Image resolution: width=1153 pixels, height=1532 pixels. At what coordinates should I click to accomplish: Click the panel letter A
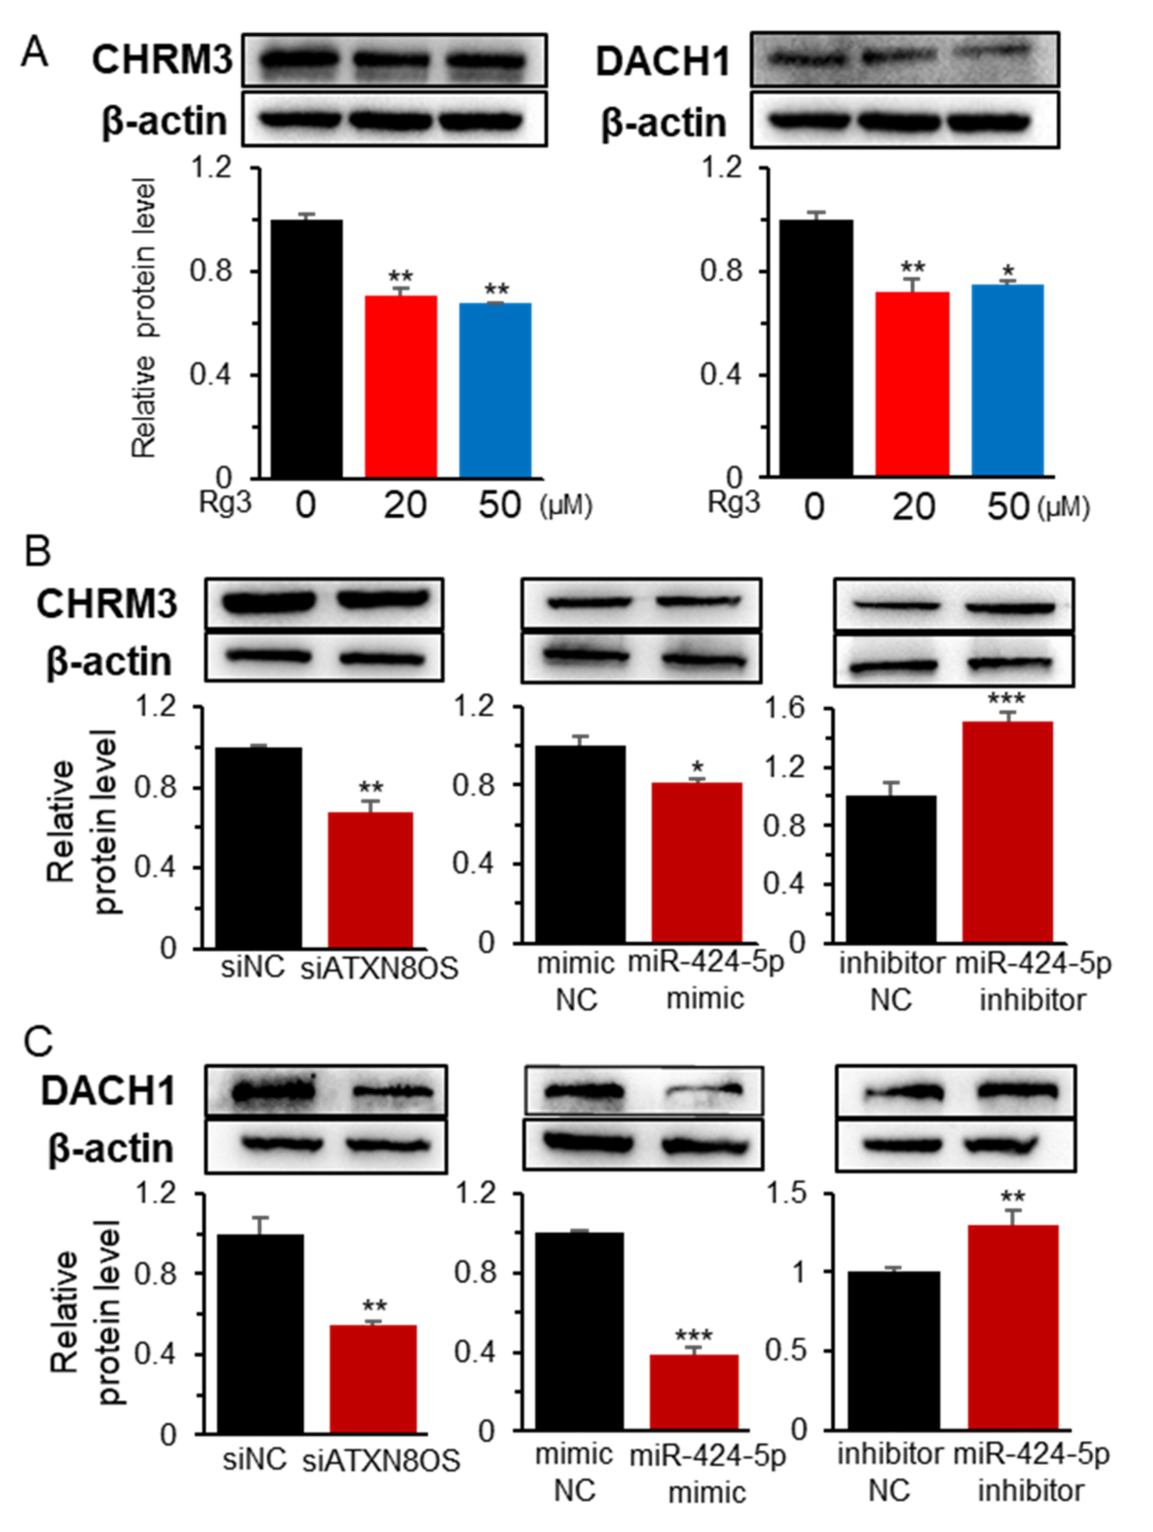(34, 53)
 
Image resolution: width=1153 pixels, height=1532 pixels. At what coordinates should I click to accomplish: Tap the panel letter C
(38, 1041)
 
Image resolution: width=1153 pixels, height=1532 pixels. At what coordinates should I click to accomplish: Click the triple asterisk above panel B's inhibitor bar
(1006, 698)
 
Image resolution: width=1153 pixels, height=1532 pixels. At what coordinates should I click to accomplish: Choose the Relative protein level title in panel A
(144, 319)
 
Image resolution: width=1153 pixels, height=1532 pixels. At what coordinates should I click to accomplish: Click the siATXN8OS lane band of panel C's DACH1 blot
(393, 1092)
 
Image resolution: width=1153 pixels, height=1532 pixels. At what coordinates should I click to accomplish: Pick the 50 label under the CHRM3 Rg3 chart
(499, 506)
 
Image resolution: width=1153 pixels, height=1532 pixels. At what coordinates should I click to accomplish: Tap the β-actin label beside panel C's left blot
(110, 1149)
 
